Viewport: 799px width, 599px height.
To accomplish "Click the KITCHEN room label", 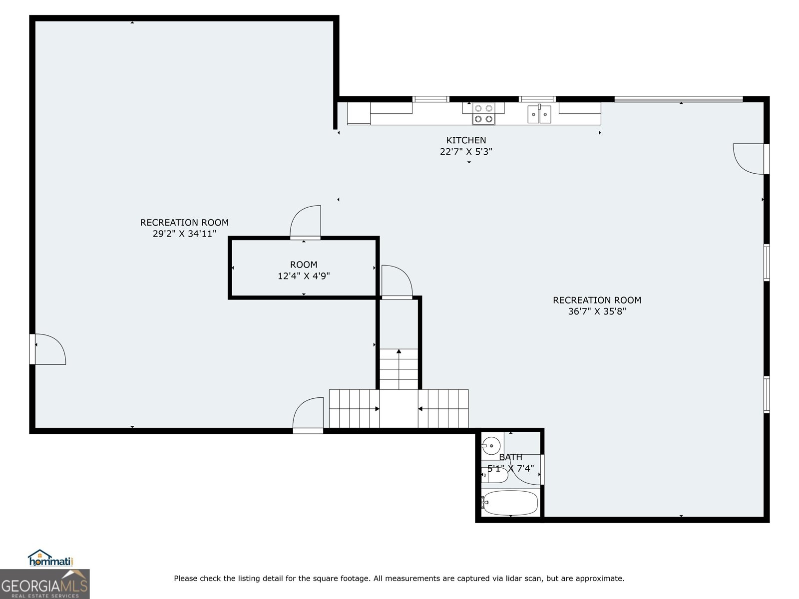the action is [x=466, y=140].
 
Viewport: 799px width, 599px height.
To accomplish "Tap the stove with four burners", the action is [x=483, y=113].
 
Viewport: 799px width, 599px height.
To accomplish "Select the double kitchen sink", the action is [x=539, y=114].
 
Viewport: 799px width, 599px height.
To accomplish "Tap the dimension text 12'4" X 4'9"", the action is [x=304, y=276].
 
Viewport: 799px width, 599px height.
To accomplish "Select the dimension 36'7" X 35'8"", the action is [x=597, y=311].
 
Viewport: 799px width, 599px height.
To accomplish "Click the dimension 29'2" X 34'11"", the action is [x=185, y=234].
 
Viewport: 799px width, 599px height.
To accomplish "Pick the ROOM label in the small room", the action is [x=304, y=265].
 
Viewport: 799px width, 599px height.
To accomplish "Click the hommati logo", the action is [x=50, y=558].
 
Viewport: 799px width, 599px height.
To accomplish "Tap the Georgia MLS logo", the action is [x=44, y=584].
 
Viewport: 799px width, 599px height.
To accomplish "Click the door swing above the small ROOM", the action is [x=305, y=222].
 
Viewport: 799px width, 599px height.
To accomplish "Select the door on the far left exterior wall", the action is [x=47, y=349].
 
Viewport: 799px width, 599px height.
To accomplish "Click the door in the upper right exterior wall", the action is [x=751, y=159].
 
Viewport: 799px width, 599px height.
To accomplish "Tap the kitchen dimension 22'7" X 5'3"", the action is [x=466, y=152].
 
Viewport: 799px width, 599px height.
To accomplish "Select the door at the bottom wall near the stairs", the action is [x=308, y=415].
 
